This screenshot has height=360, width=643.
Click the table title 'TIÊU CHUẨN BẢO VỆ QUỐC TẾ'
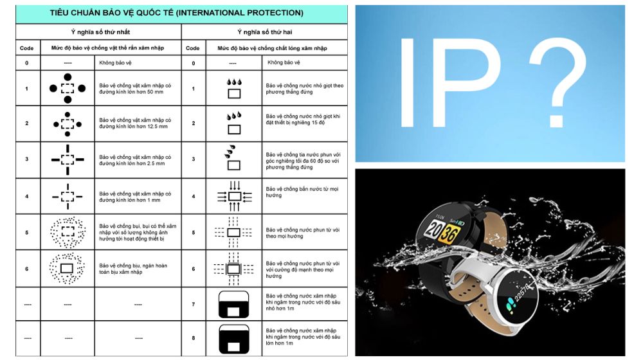point(111,13)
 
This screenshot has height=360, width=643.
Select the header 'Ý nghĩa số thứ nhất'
point(100,32)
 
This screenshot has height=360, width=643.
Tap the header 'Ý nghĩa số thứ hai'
point(265,32)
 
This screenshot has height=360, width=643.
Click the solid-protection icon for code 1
point(68,88)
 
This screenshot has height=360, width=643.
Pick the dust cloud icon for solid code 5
point(68,232)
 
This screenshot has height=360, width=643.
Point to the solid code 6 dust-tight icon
point(67,269)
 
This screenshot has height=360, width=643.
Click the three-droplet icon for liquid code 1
point(234,88)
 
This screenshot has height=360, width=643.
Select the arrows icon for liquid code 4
point(235,197)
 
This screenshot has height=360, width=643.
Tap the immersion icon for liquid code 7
point(234,304)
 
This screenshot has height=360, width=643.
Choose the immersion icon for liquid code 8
point(234,339)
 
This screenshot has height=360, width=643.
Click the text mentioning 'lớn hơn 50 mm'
point(135,89)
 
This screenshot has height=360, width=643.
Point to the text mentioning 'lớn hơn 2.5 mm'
point(135,160)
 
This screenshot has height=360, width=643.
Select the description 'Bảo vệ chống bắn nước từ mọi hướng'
point(302,192)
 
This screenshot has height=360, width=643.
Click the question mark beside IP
point(557,84)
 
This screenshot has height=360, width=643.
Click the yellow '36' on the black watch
point(449,234)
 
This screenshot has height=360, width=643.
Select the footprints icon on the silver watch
point(510,304)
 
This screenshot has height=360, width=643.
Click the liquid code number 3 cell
point(194,159)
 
